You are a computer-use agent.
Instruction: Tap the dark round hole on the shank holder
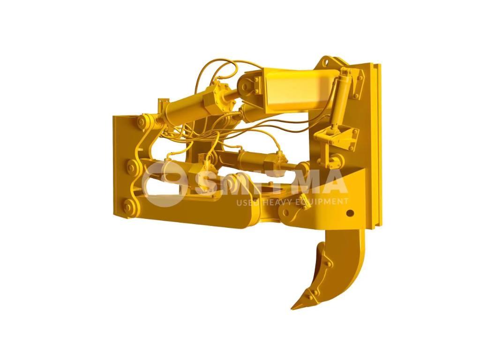click(349, 213)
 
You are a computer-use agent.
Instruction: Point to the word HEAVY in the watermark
click(277, 202)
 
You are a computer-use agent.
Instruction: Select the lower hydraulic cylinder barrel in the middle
click(253, 162)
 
